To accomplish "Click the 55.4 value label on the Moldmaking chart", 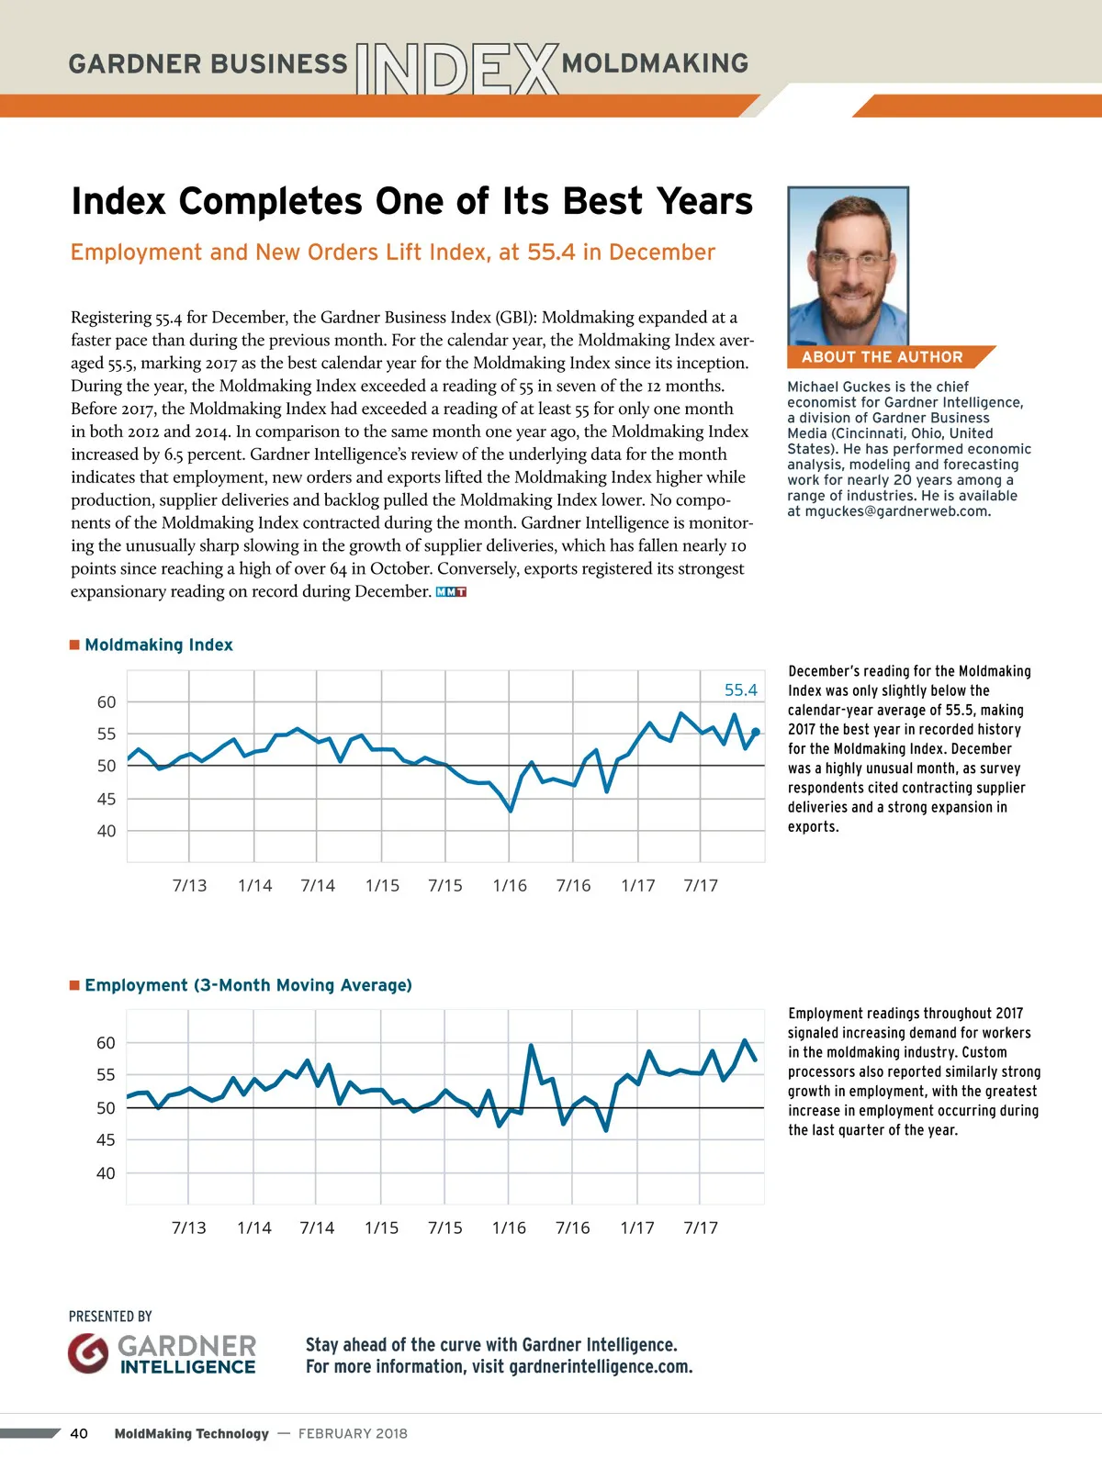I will coord(740,690).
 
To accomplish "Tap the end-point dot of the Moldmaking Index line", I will coord(756,732).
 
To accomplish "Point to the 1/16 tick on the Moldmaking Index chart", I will coord(510,886).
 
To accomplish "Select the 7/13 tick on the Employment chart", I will coord(189,1228).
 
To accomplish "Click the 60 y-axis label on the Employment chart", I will coord(107,1043).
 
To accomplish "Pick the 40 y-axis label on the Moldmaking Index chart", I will coord(107,831).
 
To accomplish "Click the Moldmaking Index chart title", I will coord(159,645).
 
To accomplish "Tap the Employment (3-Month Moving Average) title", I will coord(248,985).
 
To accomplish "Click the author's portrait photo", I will coord(848,266).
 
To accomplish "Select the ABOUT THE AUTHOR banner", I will coord(883,357).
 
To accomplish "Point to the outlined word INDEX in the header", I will coord(456,69).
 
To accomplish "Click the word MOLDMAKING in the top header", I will coord(655,63).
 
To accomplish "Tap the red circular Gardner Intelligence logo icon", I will coord(88,1353).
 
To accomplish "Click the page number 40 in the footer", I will coord(79,1433).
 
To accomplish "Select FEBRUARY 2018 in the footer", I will coord(353,1433).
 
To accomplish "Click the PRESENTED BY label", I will coord(110,1317).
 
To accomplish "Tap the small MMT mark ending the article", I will coord(451,592).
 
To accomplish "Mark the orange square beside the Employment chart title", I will coord(74,985).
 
